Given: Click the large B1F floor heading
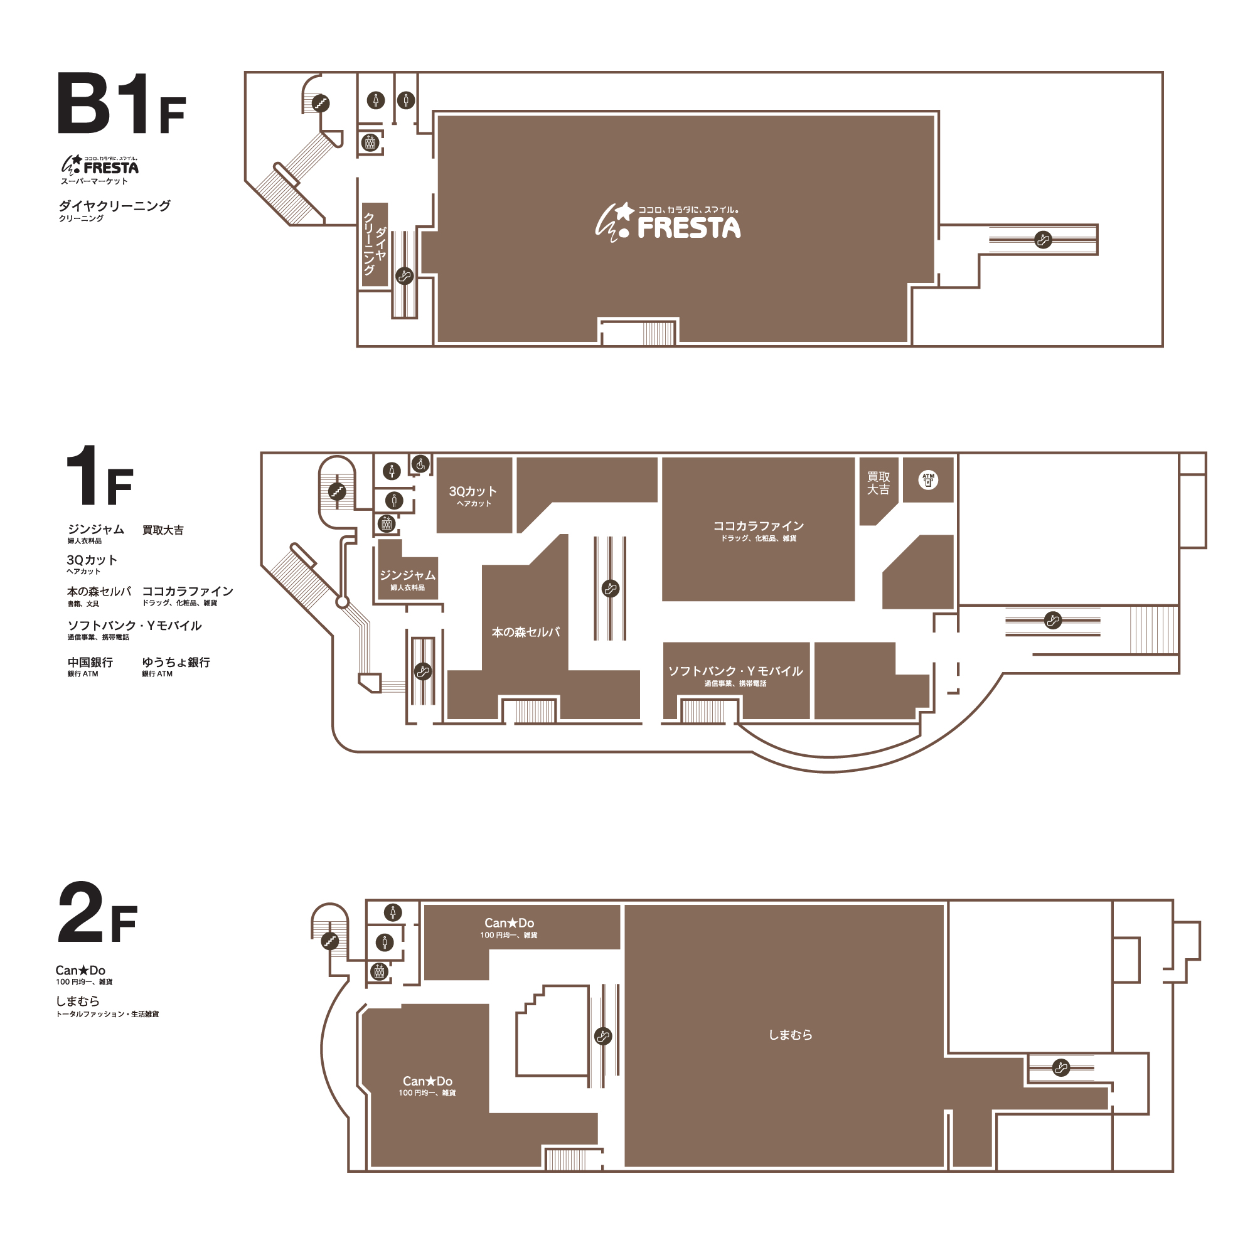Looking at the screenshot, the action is click(122, 104).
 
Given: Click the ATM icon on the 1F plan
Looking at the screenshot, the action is click(928, 480).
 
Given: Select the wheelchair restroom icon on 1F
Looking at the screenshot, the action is click(420, 464).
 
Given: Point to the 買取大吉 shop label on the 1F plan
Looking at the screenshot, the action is click(878, 483).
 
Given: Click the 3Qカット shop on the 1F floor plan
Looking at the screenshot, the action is click(474, 495).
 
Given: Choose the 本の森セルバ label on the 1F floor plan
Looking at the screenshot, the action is click(525, 632).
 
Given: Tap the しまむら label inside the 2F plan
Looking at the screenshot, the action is click(790, 1035).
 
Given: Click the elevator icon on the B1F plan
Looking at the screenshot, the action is click(370, 142).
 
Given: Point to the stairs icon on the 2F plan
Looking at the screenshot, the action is click(330, 941).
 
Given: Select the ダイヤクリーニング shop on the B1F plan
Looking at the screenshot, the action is click(375, 245).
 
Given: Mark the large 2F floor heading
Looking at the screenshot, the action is click(97, 912).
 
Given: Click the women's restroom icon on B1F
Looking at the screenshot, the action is click(375, 100).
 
